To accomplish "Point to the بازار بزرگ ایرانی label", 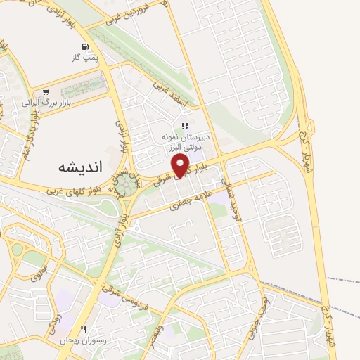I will point(39,103).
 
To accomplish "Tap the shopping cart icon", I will point(46,92).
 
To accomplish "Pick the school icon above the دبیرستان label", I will point(186,127).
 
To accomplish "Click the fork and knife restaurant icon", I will point(83,329).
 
